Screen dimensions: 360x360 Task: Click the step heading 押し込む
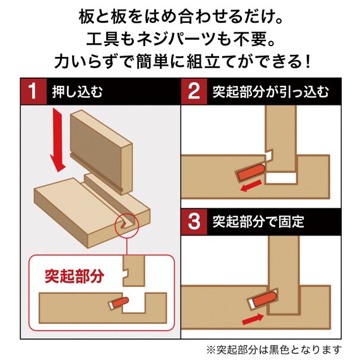click(x=76, y=92)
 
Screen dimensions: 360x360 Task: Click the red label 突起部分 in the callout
click(x=74, y=276)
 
